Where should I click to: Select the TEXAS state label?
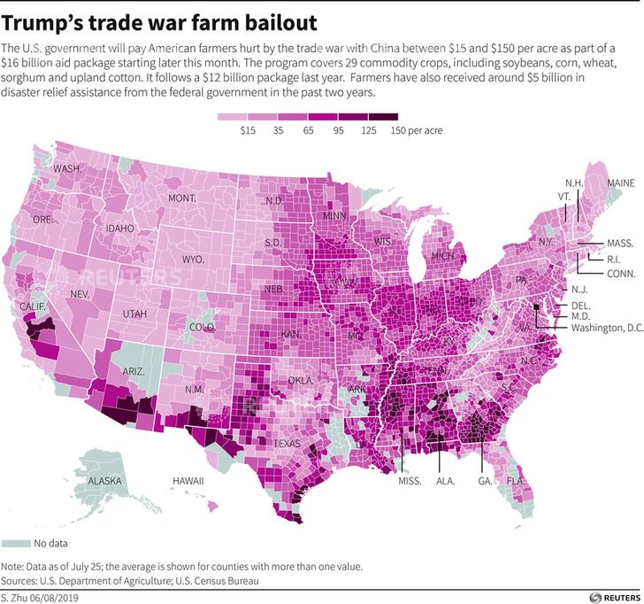click(x=287, y=443)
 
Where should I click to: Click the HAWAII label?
click(x=188, y=481)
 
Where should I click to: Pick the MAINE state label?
click(x=620, y=182)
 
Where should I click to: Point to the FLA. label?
click(x=515, y=482)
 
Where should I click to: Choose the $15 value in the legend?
click(x=249, y=130)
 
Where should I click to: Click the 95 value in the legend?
click(x=339, y=130)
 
